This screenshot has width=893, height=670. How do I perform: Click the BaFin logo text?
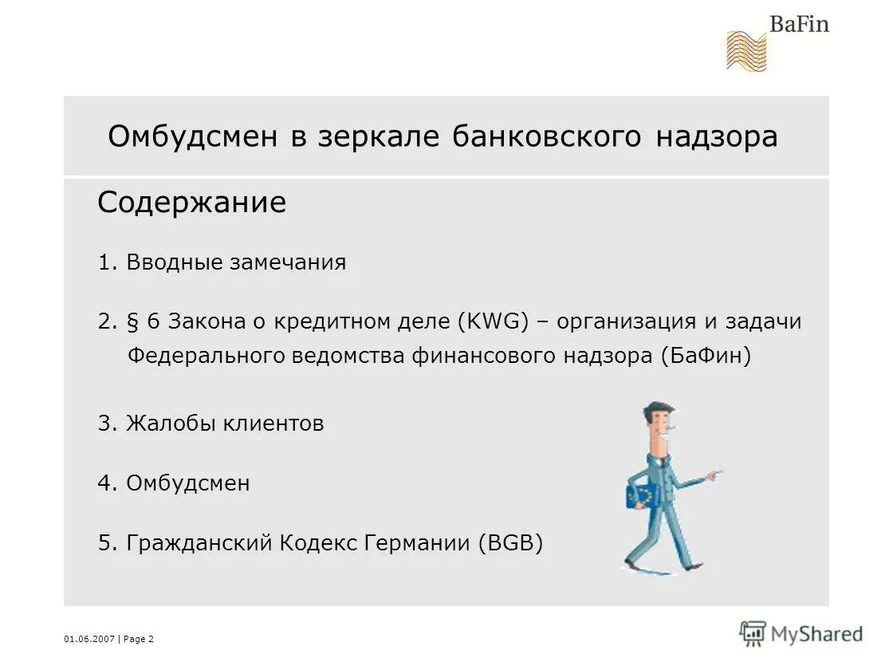(x=798, y=23)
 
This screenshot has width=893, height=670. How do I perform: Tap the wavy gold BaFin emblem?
(x=745, y=50)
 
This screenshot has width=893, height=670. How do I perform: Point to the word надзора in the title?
(x=717, y=137)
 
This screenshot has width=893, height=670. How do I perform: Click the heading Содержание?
(x=191, y=203)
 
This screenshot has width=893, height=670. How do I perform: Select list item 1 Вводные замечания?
(x=222, y=262)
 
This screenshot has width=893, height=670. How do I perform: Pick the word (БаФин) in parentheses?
(x=706, y=356)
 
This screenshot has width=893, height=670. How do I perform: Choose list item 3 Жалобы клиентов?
(x=211, y=423)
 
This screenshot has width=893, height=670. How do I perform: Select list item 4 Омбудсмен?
(x=174, y=483)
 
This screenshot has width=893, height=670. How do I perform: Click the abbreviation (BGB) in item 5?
(x=510, y=543)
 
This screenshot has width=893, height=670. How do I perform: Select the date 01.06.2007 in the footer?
(x=89, y=639)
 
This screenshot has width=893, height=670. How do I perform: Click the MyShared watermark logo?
(x=801, y=634)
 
